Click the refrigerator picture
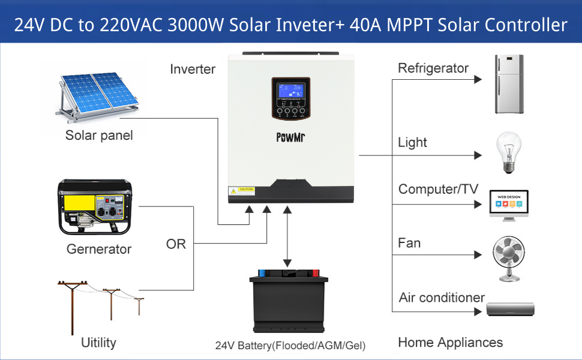[509, 84]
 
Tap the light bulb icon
[507, 153]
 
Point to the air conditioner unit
[509, 309]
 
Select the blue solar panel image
[96, 95]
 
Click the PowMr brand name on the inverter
[291, 136]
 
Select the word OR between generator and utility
[176, 244]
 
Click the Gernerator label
[99, 248]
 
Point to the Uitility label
[98, 343]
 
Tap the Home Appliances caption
[450, 343]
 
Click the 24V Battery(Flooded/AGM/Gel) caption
[290, 346]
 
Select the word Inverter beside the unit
[192, 69]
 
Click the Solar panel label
[99, 135]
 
